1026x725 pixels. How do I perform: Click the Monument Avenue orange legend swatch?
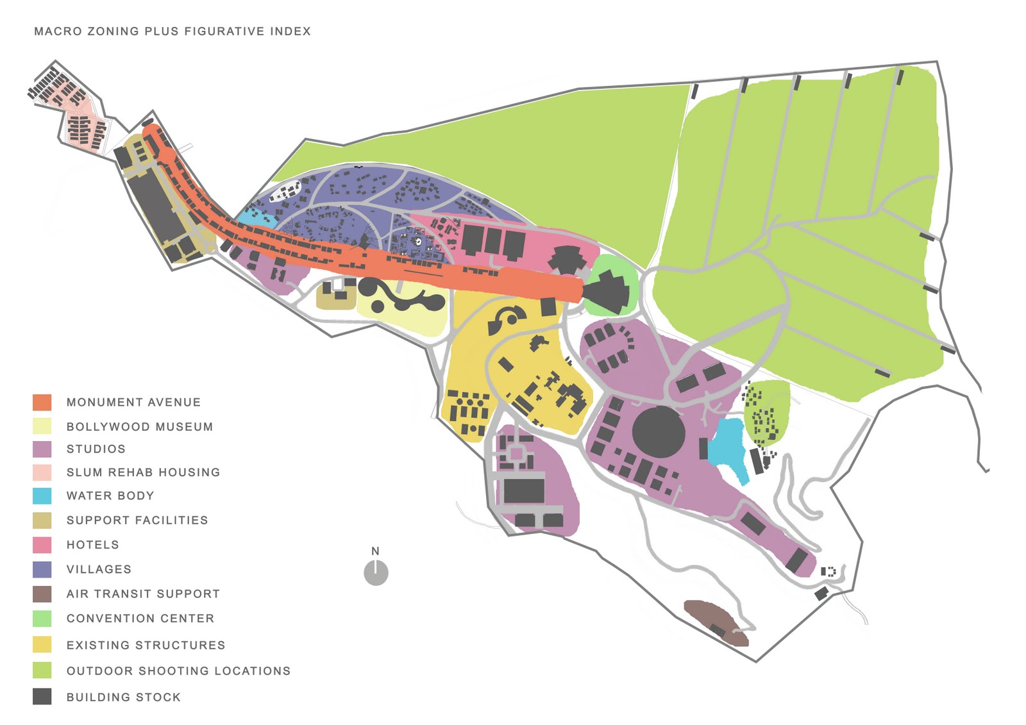pos(42,403)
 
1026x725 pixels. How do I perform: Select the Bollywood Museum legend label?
pos(139,427)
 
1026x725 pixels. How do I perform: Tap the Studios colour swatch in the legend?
pos(42,449)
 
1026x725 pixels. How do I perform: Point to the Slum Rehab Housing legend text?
pos(143,472)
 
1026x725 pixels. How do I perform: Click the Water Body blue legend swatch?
pos(42,496)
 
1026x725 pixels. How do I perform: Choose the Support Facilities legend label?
pos(137,520)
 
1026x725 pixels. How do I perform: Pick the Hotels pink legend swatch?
pos(42,545)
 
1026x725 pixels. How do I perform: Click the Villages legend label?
pos(99,569)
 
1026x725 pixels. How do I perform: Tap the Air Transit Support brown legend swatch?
pos(42,594)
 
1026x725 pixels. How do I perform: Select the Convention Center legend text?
pos(140,619)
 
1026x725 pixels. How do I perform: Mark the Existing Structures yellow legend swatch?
pos(42,644)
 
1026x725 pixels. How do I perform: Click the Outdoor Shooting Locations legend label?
pos(178,671)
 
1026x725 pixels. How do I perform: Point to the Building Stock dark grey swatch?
pos(42,697)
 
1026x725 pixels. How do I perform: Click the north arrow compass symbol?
pos(376,572)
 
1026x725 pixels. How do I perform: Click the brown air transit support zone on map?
pos(715,621)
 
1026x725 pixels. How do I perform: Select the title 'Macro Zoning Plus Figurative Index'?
pos(172,31)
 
